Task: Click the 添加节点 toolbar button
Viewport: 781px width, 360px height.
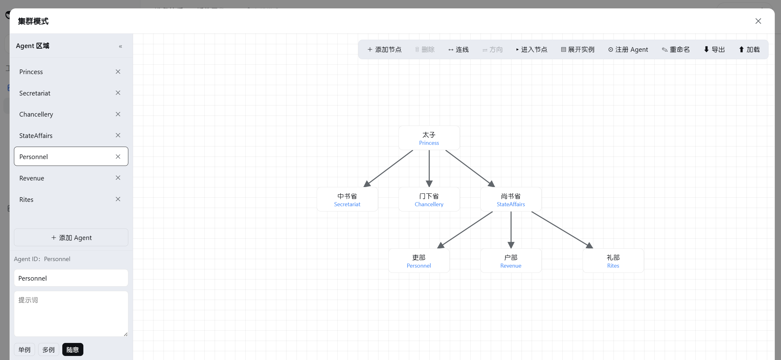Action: (384, 50)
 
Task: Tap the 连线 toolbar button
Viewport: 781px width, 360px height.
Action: (458, 50)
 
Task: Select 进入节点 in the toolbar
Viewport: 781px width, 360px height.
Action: (532, 50)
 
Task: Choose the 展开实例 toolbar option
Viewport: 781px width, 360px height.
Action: (578, 50)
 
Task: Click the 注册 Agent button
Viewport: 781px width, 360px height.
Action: (628, 50)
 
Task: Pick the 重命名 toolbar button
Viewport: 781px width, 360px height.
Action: (676, 50)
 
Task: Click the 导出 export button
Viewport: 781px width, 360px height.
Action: (714, 50)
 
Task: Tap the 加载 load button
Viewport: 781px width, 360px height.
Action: (749, 50)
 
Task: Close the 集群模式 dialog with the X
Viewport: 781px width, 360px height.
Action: (758, 21)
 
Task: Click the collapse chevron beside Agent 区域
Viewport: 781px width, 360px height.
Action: (121, 47)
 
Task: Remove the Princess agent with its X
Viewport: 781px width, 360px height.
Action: (118, 72)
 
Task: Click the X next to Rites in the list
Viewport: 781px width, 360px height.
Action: (118, 199)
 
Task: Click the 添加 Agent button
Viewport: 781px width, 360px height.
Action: (71, 238)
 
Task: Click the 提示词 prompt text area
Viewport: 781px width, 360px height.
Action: (71, 314)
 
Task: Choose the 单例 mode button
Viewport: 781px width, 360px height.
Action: (24, 350)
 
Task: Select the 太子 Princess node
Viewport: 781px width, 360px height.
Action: (429, 138)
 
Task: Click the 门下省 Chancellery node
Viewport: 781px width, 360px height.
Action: (429, 199)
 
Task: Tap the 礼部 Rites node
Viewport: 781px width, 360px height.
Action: (613, 261)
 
